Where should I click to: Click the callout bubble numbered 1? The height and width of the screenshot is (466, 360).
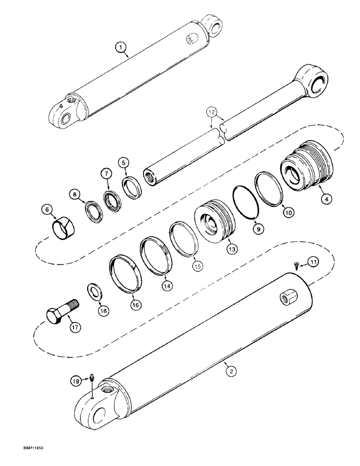121,47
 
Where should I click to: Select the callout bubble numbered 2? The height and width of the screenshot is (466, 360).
230,371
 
